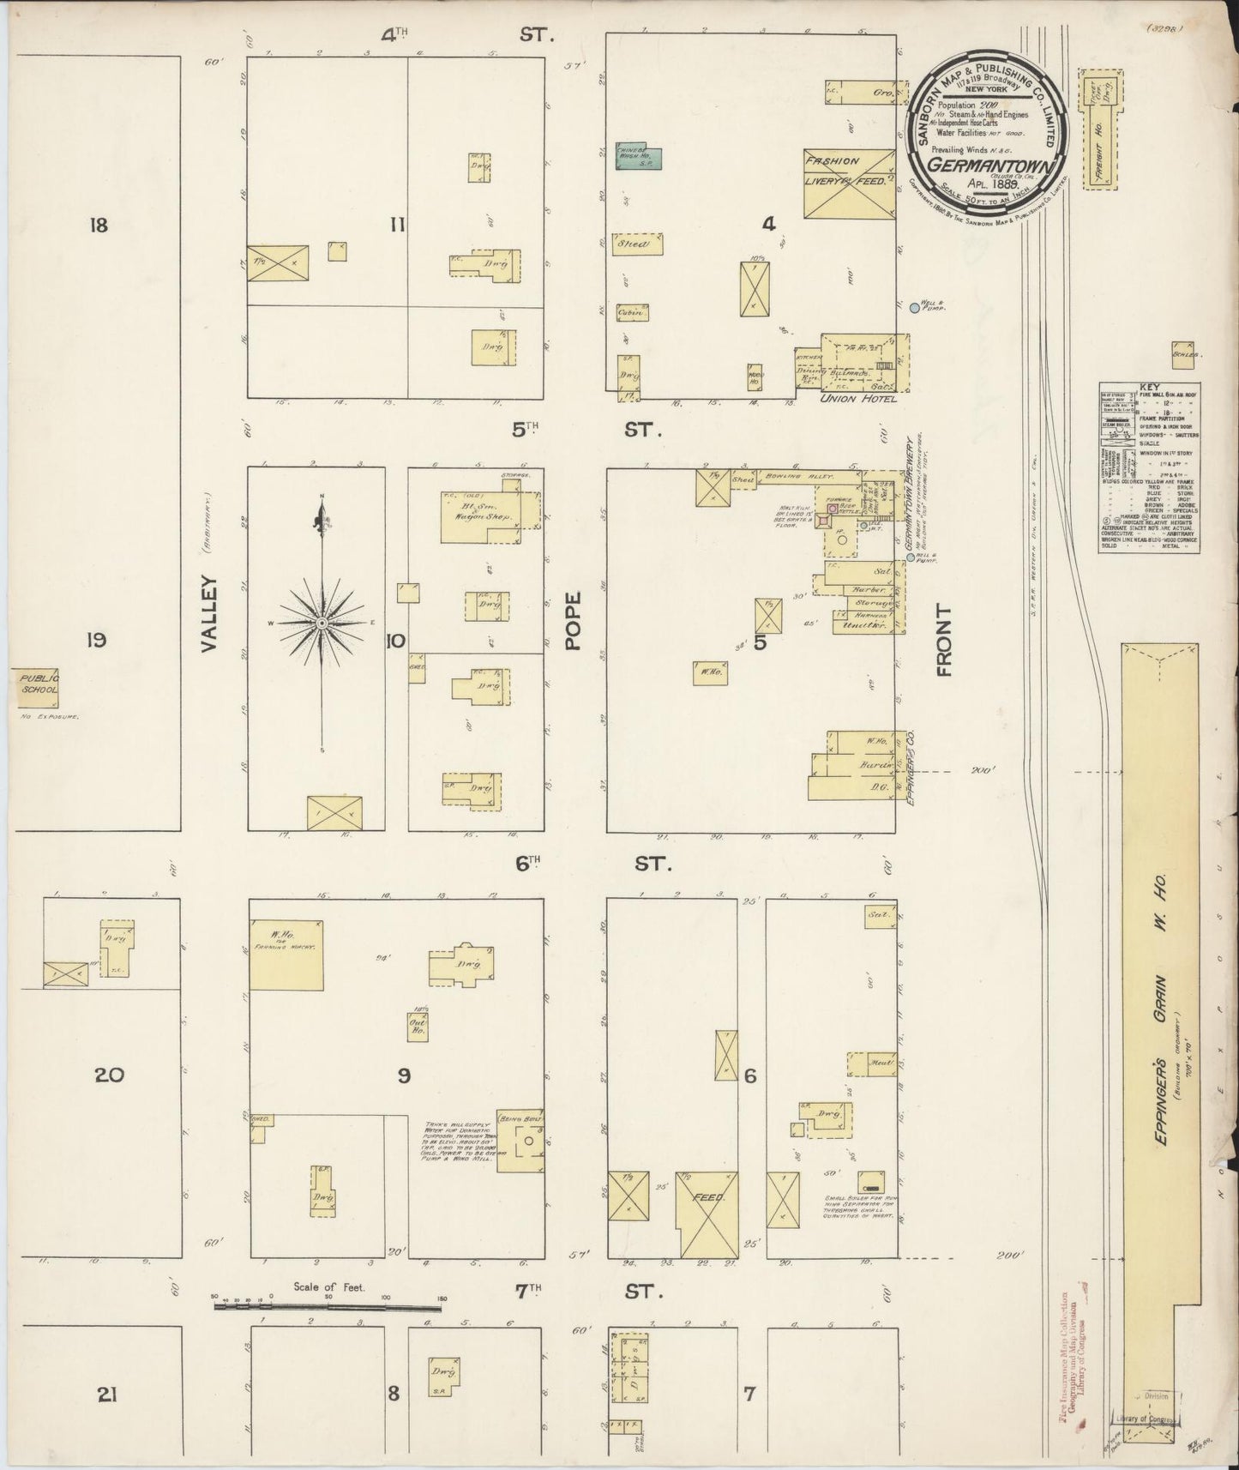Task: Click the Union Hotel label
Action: click(857, 399)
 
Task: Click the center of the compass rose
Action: click(322, 622)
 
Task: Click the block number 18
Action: click(99, 226)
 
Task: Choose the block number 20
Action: click(109, 1075)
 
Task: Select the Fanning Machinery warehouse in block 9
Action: click(286, 954)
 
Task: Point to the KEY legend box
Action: click(1149, 470)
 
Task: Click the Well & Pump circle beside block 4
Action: click(914, 306)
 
